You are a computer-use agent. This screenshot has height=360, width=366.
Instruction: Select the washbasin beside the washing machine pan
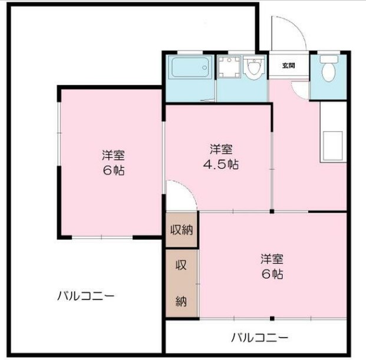[254, 70]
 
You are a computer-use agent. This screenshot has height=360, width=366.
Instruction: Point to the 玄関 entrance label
[288, 65]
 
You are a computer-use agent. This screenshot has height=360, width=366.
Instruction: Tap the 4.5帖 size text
[220, 164]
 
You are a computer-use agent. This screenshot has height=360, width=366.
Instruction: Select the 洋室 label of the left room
[113, 156]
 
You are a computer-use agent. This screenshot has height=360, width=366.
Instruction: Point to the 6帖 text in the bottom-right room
[272, 274]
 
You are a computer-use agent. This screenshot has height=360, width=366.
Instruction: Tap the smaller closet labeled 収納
[182, 229]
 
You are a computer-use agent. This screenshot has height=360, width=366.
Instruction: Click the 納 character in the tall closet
[181, 301]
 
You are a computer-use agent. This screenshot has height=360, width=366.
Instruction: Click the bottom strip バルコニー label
[259, 338]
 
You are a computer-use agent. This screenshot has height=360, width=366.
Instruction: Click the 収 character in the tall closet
[181, 265]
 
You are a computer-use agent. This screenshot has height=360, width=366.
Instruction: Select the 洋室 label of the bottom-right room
[272, 259]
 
